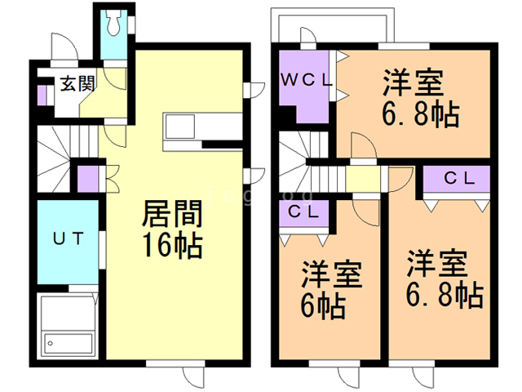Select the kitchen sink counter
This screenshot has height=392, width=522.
click(179, 128)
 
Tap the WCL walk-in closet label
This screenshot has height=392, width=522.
click(306, 81)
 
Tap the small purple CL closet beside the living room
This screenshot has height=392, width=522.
click(87, 176)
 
